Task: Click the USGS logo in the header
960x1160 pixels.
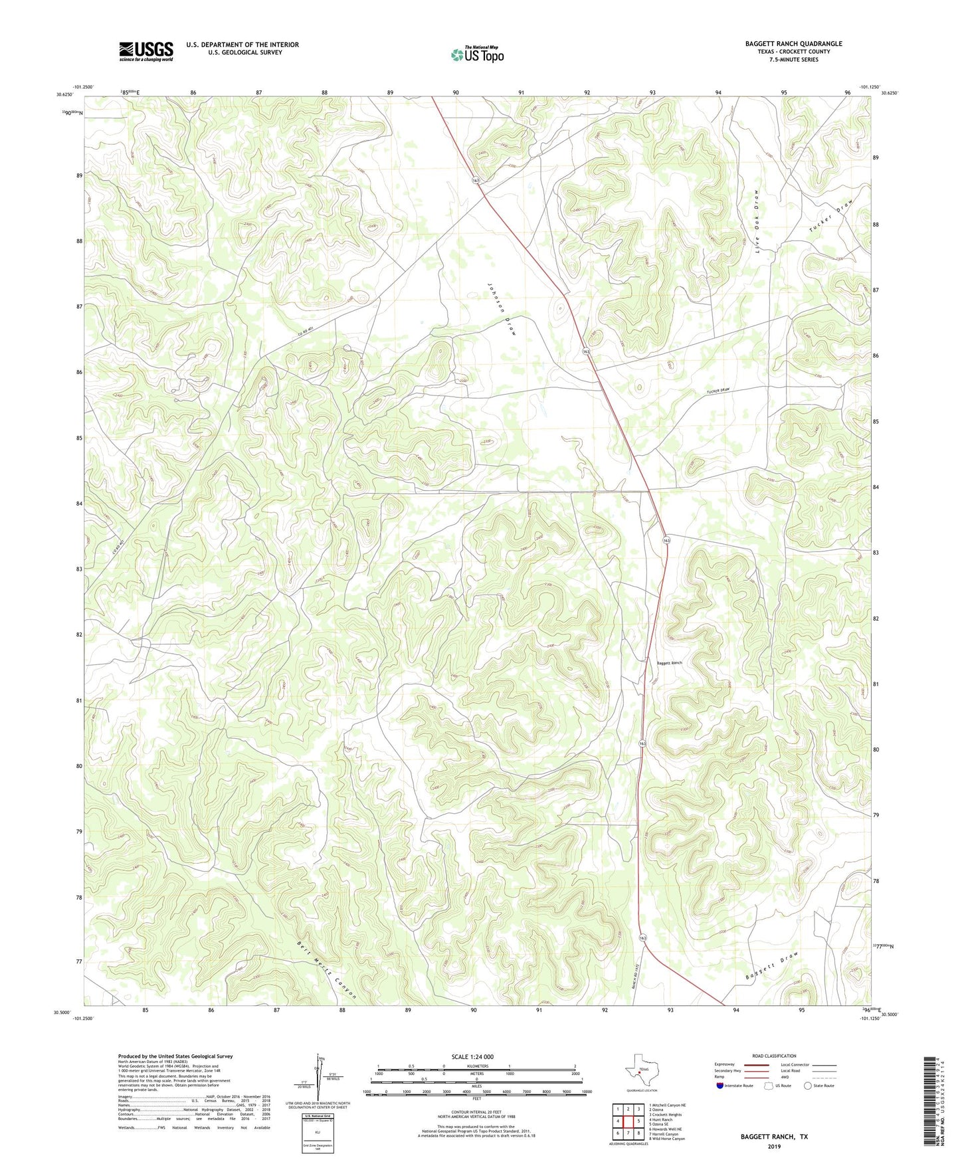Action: click(146, 51)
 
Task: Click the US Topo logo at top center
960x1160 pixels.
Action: click(478, 54)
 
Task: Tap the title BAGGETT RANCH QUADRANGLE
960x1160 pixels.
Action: click(793, 44)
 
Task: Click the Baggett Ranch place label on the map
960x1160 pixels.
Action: click(669, 662)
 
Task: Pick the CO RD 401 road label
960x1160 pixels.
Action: click(308, 336)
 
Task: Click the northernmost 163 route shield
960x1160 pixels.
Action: click(476, 181)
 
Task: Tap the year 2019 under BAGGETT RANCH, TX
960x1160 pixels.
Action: click(774, 1147)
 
